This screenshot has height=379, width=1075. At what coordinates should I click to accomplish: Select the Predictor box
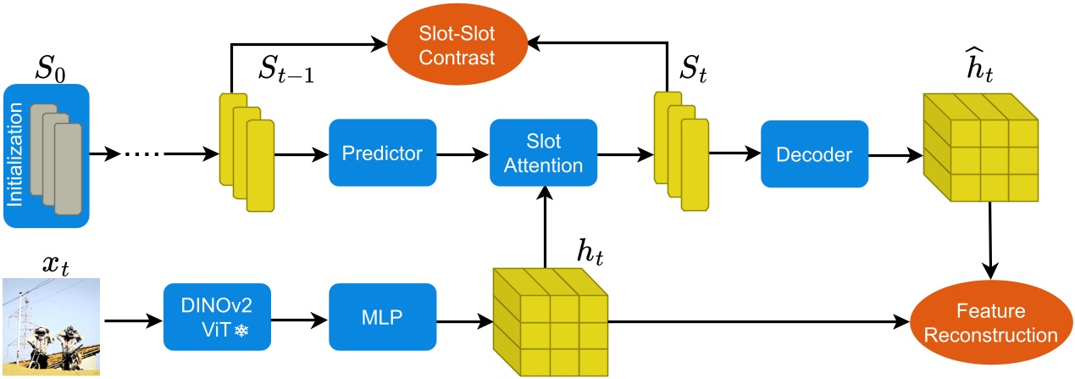pos(381,154)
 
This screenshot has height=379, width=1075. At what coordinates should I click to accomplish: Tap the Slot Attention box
pos(543,153)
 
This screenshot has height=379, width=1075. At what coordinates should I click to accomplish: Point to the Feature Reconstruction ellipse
pos(989,322)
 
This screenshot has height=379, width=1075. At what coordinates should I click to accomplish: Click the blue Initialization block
pos(46,154)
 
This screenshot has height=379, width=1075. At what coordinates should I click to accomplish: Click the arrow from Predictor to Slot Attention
pos(463,154)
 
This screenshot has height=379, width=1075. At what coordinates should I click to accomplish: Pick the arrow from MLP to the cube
pos(464,321)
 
